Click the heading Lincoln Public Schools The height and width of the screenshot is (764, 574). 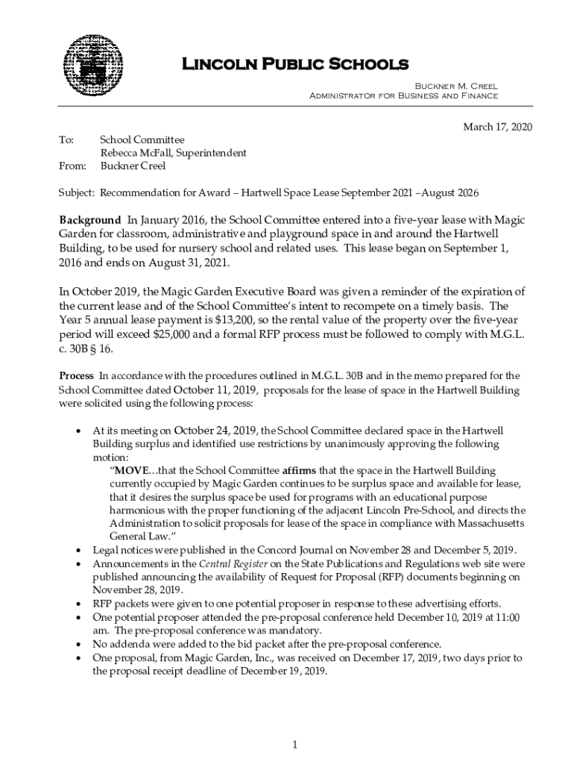click(296, 64)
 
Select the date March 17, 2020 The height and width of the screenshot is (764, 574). click(498, 127)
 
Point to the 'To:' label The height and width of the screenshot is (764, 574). click(66, 140)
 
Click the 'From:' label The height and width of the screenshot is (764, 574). click(72, 166)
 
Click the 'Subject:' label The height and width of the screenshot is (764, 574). click(77, 192)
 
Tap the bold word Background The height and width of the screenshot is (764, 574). click(89, 220)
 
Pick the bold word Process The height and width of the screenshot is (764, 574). click(76, 375)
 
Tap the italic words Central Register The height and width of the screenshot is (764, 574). click(224, 563)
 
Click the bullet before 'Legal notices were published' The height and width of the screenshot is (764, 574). click(80, 551)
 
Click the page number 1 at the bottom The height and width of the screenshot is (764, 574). click(295, 745)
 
